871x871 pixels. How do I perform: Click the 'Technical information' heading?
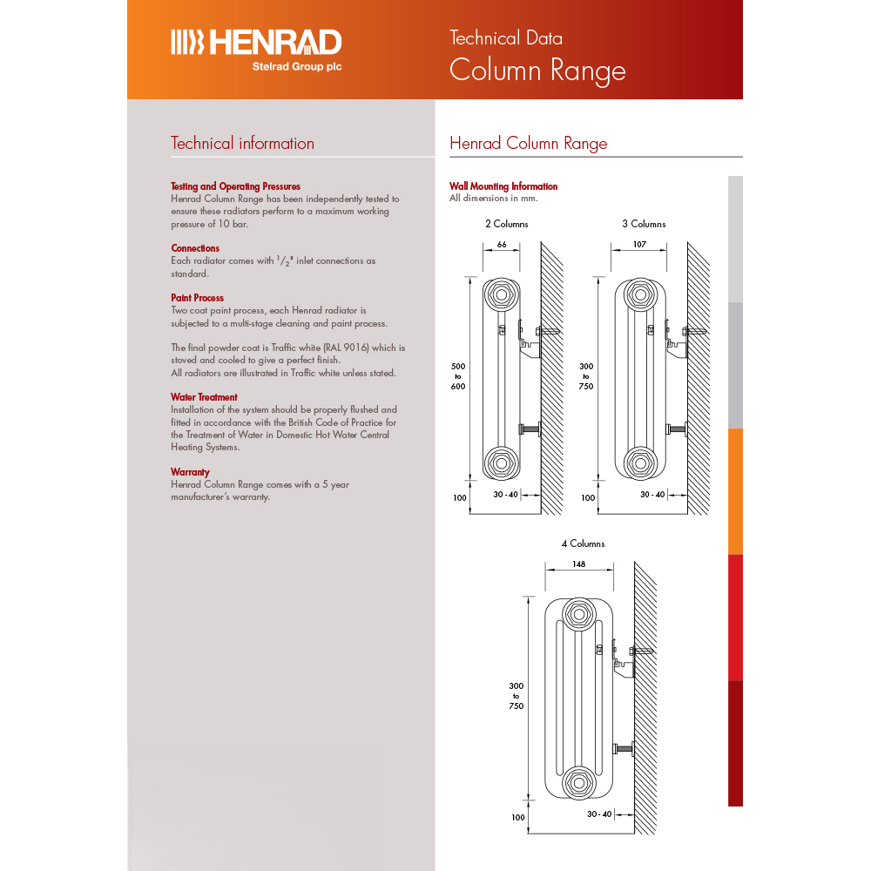coord(242,144)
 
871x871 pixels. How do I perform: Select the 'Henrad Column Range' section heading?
coord(528,144)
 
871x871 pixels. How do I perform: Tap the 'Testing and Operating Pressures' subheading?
coord(235,186)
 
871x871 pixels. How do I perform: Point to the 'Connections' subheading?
coord(195,248)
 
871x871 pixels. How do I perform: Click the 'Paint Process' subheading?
coord(197,298)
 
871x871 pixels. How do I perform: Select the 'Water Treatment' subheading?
coord(204,397)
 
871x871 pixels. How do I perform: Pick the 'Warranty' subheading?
coord(190,472)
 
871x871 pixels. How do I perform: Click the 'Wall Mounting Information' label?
coord(503,186)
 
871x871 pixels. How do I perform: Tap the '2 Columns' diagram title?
coord(507,224)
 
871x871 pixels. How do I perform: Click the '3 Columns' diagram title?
coord(644,224)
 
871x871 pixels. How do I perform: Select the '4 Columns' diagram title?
coord(583,544)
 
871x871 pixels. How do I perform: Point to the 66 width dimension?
coord(502,245)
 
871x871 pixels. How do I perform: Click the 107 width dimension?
coord(639,245)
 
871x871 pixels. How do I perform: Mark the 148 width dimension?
coord(579,564)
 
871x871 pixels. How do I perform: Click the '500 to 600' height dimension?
coord(457,375)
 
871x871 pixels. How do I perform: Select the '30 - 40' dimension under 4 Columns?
coord(599,814)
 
